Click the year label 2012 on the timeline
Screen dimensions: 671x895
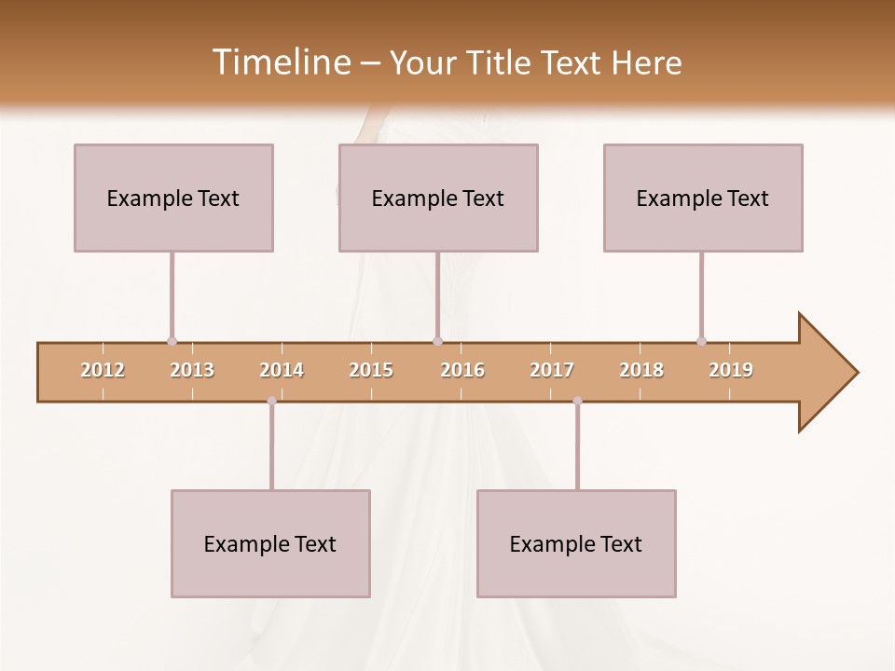103,370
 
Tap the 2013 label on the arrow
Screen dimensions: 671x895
192,370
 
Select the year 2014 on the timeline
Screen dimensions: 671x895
282,370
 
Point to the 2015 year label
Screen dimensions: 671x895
371,370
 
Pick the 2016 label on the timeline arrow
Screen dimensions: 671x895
462,370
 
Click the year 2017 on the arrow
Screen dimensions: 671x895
552,370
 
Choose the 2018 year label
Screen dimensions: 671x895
641,370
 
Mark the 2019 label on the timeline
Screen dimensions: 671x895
731,370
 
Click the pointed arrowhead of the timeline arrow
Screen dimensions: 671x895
830,373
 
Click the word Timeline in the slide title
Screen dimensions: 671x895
279,62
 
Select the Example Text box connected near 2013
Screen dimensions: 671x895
173,198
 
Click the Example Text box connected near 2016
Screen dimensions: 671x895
438,198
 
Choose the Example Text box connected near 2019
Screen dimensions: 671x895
703,198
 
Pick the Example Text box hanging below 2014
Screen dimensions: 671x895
270,543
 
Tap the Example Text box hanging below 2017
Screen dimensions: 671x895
576,543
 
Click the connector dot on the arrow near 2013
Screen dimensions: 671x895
172,341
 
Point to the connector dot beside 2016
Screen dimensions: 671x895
437,341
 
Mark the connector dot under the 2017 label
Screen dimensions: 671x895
577,401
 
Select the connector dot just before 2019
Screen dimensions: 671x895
701,341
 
